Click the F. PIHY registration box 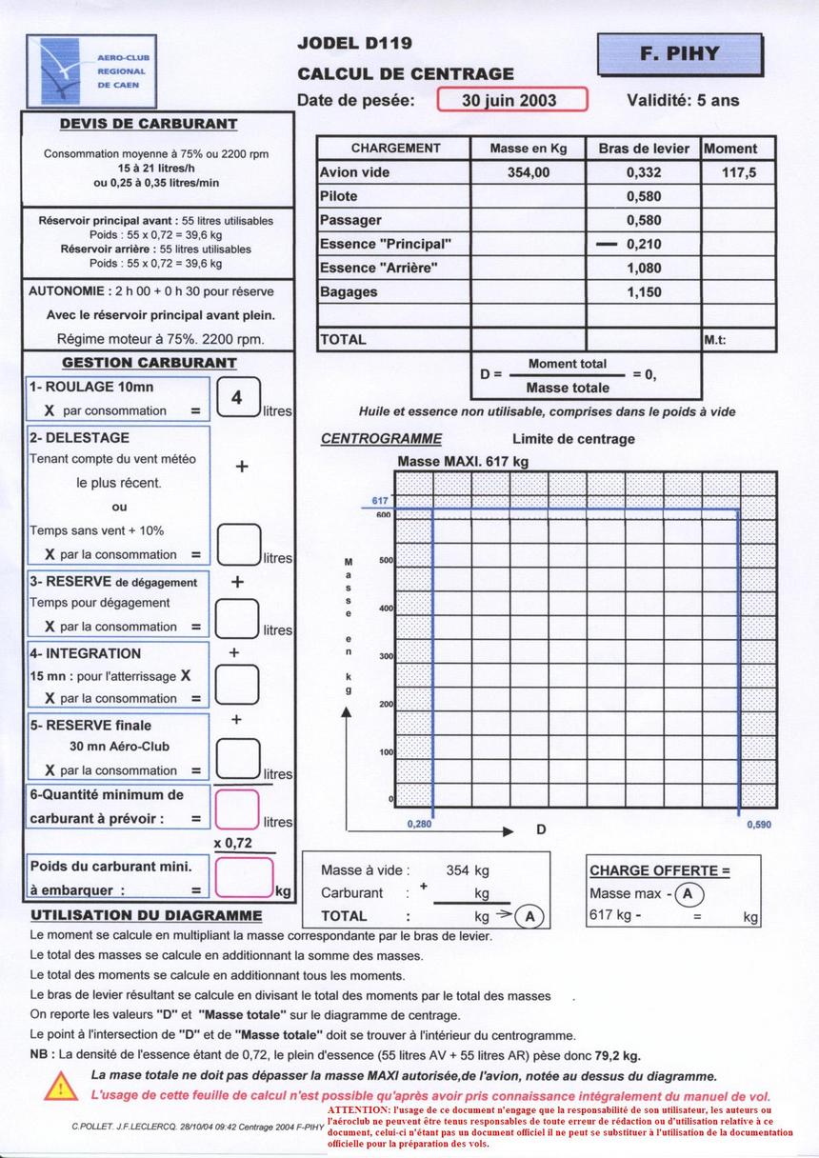coord(680,54)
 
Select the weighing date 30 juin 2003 coord(512,100)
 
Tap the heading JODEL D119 coord(354,43)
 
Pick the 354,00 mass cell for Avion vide coord(528,172)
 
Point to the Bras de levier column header coord(643,149)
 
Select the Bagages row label coord(349,292)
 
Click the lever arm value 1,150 coord(644,292)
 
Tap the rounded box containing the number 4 coord(237,398)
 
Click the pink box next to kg coord(243,877)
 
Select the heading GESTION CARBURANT coord(149,363)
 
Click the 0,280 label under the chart coord(419,825)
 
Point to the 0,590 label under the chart coord(759,825)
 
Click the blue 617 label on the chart coord(380,501)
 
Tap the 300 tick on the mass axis coord(386,656)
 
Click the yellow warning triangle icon coord(61,1086)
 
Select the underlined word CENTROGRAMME coord(381,439)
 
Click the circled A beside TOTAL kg coord(530,916)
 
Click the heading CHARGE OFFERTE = coord(659,870)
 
